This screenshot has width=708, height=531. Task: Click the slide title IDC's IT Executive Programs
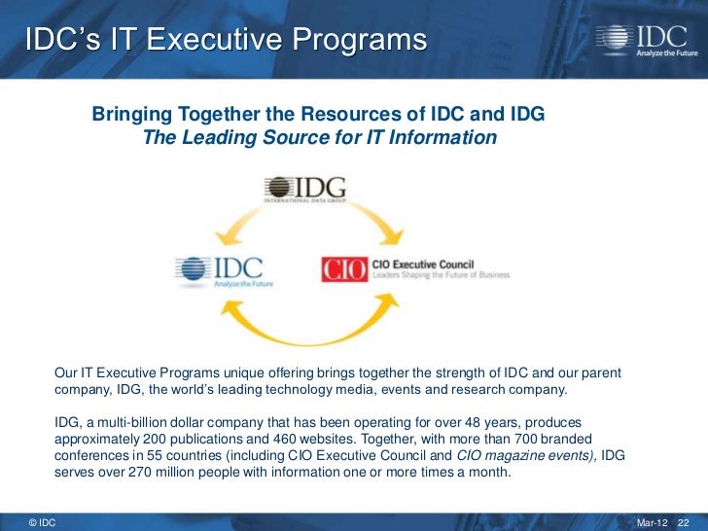click(x=226, y=41)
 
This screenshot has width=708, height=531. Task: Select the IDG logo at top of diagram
click(x=305, y=189)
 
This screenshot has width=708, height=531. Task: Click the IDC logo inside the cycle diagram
click(x=219, y=267)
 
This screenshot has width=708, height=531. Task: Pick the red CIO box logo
click(x=343, y=269)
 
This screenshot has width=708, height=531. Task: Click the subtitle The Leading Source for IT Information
click(x=319, y=138)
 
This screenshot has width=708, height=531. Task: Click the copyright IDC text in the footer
click(x=42, y=523)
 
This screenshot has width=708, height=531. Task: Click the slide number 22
click(x=683, y=523)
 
